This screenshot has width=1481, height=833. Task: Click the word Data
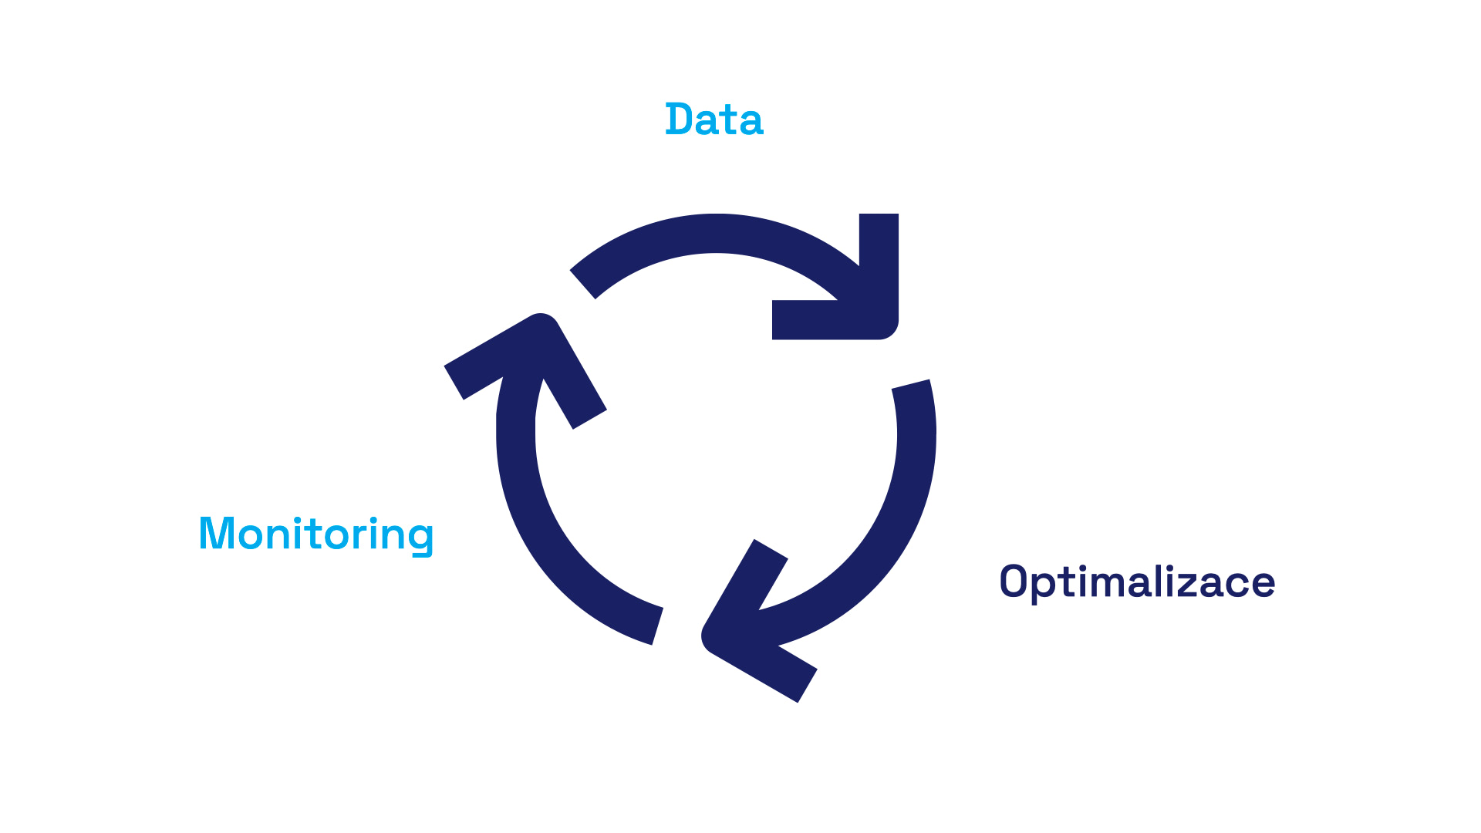click(x=714, y=120)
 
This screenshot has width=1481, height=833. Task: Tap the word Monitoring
click(x=316, y=534)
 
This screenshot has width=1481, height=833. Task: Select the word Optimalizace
click(x=1137, y=582)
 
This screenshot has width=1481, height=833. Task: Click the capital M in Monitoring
click(x=215, y=534)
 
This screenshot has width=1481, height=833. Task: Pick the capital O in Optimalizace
click(x=1013, y=582)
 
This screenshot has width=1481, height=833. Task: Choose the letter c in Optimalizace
click(x=1237, y=584)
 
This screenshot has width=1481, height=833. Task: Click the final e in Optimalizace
click(x=1263, y=584)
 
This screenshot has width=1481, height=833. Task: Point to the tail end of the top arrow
click(x=583, y=284)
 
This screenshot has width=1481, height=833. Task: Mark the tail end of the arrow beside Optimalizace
click(x=911, y=384)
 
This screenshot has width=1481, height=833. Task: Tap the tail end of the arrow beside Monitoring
click(x=657, y=626)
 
